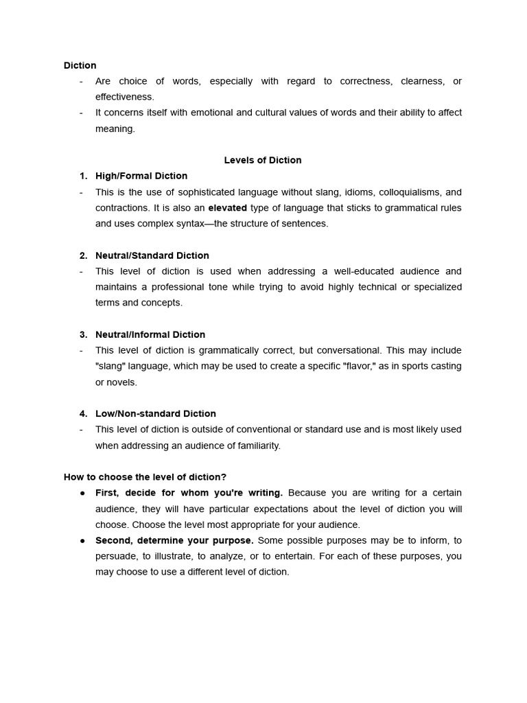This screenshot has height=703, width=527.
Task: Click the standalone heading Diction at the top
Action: [x=80, y=65]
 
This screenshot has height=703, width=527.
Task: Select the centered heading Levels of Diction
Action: [x=263, y=160]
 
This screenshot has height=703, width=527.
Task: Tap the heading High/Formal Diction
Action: [x=141, y=176]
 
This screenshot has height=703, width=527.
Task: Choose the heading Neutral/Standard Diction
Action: [x=152, y=255]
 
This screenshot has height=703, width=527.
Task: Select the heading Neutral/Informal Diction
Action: [x=150, y=334]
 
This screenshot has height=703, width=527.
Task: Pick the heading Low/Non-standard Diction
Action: [x=156, y=413]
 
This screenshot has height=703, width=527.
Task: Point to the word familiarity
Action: [x=255, y=446]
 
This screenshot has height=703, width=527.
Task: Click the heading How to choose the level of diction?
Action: [x=145, y=476]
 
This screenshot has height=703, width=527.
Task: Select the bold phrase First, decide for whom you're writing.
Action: [x=189, y=493]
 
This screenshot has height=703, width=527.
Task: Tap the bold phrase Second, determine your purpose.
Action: [x=174, y=540]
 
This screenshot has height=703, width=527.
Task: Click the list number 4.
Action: [x=83, y=413]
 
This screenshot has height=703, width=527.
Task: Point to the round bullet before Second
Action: [x=82, y=540]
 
